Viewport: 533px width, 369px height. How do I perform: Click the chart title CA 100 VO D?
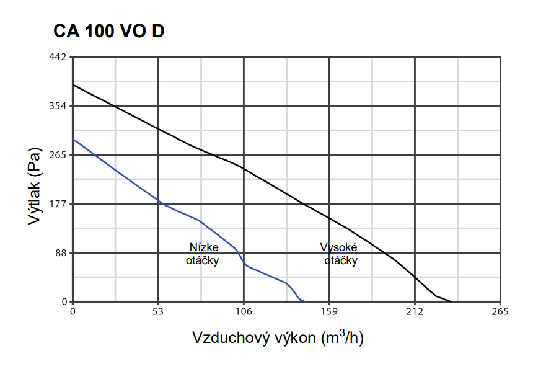[x=108, y=31]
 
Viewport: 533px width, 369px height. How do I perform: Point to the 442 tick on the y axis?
[x=59, y=57]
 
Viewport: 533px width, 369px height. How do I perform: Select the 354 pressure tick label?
[x=59, y=106]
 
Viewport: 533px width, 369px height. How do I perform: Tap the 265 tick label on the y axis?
[x=59, y=155]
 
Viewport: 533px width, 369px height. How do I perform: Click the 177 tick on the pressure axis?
[x=59, y=204]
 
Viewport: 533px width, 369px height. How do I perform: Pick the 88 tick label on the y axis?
[x=61, y=253]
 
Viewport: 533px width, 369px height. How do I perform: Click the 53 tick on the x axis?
[x=158, y=311]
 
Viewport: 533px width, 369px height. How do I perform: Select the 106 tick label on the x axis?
[x=244, y=311]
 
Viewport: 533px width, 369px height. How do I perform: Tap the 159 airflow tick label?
[x=329, y=311]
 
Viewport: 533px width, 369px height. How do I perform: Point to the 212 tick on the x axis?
[x=415, y=311]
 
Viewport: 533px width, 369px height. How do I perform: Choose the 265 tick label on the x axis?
[x=500, y=311]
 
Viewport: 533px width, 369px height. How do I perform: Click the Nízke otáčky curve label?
[x=203, y=254]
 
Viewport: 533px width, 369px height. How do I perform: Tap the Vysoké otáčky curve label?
[x=340, y=254]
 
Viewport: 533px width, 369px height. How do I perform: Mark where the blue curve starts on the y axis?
[x=73, y=140]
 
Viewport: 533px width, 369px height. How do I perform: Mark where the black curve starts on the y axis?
[x=73, y=84]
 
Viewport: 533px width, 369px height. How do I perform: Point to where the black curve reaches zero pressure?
[x=454, y=302]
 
